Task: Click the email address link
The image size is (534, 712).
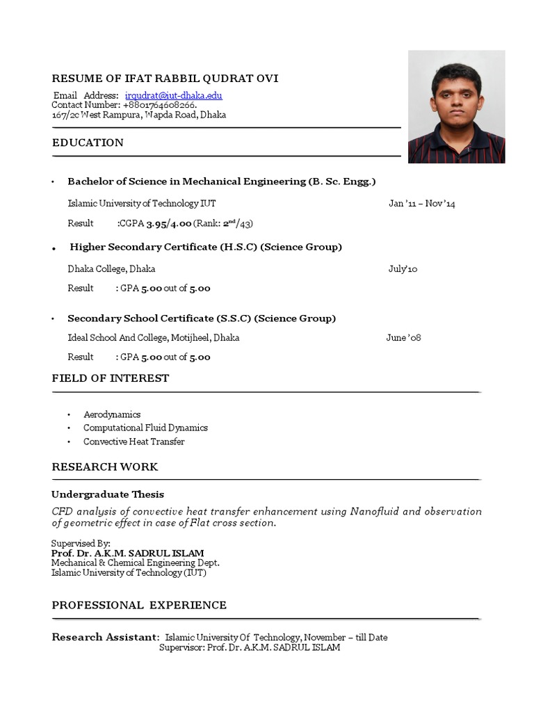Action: [x=173, y=95]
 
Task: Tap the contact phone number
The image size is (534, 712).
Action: [x=159, y=105]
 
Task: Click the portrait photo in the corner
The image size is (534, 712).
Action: [x=456, y=107]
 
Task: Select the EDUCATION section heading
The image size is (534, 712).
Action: [x=88, y=143]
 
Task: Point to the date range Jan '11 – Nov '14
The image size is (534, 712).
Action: [x=421, y=204]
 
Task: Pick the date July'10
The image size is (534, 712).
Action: [x=403, y=269]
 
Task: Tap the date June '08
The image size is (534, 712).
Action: [x=403, y=338]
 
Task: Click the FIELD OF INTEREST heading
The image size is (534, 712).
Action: [x=111, y=378]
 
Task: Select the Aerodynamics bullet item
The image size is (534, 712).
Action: [x=112, y=414]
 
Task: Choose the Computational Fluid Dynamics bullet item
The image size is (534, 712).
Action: [x=145, y=428]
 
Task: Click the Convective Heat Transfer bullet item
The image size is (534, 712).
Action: [x=134, y=442]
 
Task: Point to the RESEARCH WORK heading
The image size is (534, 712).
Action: [x=105, y=467]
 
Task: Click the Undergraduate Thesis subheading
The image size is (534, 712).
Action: [x=108, y=494]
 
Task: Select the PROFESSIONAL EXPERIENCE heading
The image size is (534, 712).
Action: [x=139, y=606]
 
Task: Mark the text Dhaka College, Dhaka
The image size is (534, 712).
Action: [x=111, y=269]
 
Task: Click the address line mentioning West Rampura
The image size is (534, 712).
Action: [x=139, y=115]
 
